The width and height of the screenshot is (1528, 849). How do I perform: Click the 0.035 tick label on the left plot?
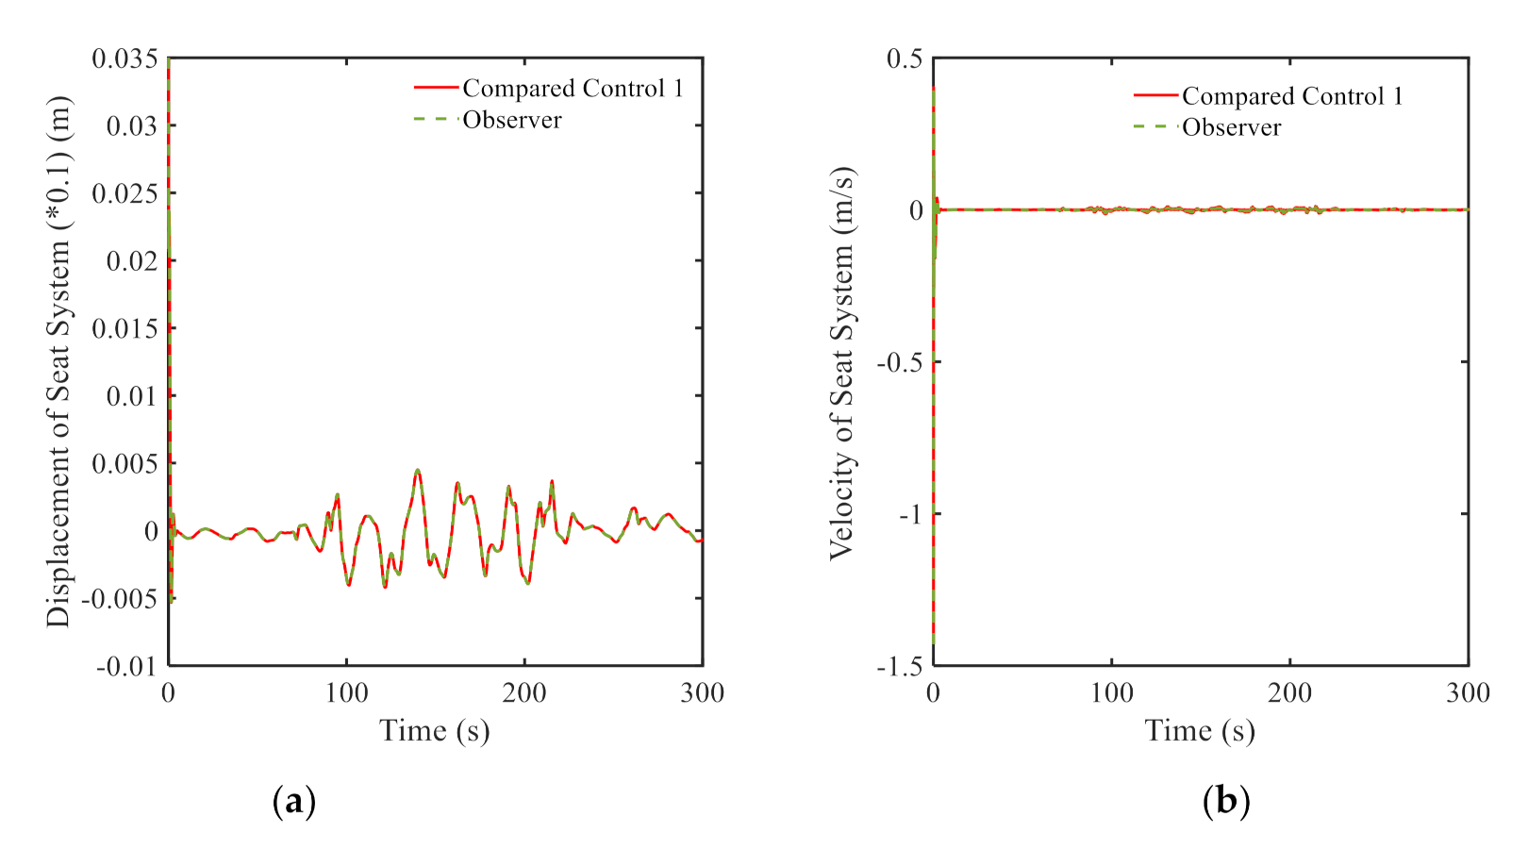tap(125, 58)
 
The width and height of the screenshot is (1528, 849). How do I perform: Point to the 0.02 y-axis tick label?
tap(132, 261)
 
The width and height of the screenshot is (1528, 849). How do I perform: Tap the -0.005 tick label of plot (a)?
tap(120, 598)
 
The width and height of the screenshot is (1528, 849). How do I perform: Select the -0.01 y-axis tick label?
tap(126, 666)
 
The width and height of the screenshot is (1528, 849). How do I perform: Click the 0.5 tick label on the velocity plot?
tap(905, 58)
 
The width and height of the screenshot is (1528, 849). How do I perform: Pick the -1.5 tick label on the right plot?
tap(900, 666)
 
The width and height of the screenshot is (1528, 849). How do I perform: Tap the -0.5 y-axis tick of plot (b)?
tap(900, 362)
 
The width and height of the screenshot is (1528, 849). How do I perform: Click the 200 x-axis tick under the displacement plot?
tap(524, 693)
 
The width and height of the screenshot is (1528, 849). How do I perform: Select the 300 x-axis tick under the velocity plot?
tap(1468, 693)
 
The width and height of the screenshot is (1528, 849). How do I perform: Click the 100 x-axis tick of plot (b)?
tap(1112, 693)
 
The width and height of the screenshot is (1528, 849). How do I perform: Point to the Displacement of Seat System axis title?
tap(58, 362)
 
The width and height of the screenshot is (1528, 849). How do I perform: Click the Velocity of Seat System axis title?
tap(840, 362)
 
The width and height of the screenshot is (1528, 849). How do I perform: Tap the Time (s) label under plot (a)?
tap(435, 731)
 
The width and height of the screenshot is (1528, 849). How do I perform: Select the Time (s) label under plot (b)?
tap(1200, 731)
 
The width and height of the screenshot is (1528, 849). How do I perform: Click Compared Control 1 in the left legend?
tap(573, 89)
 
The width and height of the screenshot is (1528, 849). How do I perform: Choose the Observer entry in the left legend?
tap(512, 121)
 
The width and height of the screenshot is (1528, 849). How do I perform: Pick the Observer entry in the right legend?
tap(1231, 127)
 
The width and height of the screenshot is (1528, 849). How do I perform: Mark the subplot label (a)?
tap(293, 802)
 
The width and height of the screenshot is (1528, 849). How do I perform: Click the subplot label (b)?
tap(1226, 802)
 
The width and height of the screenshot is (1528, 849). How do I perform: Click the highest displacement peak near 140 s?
tap(417, 470)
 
